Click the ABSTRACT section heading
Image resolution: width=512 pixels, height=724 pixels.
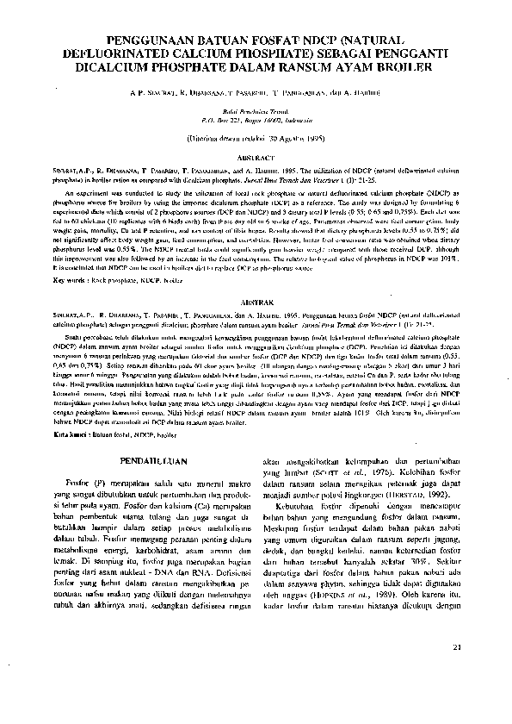coord(256,158)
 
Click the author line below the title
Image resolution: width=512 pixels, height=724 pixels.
coord(256,90)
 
